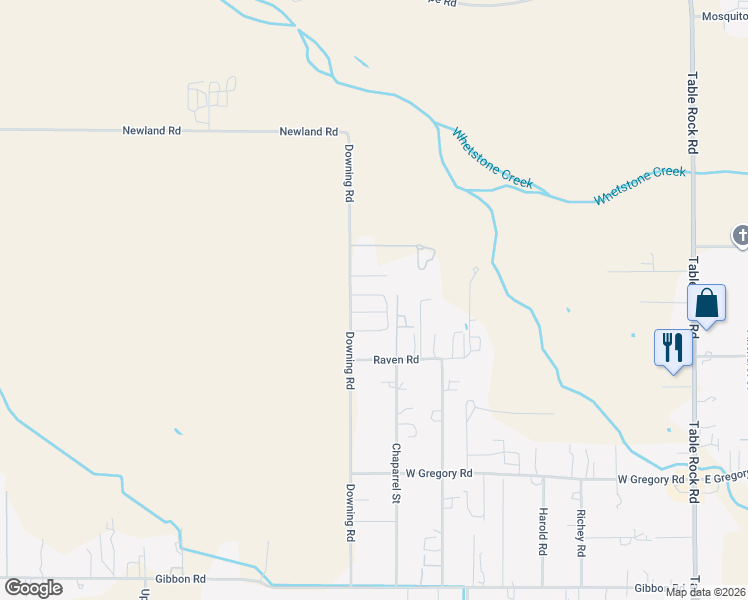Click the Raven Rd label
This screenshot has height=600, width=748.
pyautogui.click(x=396, y=360)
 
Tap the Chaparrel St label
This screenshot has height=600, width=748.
pyautogui.click(x=396, y=472)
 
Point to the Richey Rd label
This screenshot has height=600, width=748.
pyautogui.click(x=580, y=533)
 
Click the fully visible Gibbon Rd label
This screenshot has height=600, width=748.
pyautogui.click(x=180, y=579)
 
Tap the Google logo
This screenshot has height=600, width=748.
pyautogui.click(x=33, y=588)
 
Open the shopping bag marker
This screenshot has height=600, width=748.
pyautogui.click(x=706, y=303)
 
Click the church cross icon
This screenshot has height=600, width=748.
pyautogui.click(x=741, y=237)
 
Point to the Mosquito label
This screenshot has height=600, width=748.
pyautogui.click(x=724, y=16)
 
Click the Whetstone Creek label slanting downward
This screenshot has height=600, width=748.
pyautogui.click(x=493, y=158)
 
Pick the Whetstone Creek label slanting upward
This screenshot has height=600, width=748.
pyautogui.click(x=640, y=186)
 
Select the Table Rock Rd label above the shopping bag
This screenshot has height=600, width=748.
pyautogui.click(x=692, y=111)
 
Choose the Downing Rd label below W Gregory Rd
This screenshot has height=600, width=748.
pyautogui.click(x=350, y=514)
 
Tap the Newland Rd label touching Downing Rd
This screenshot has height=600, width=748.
pyautogui.click(x=308, y=131)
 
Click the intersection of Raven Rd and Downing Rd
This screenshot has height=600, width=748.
pyautogui.click(x=350, y=360)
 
